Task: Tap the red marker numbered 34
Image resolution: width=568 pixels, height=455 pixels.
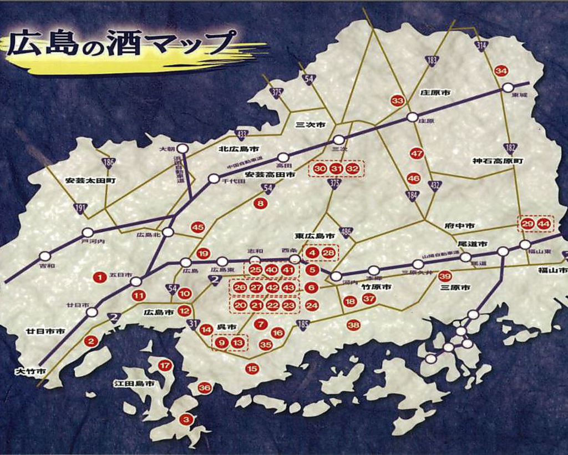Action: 501,71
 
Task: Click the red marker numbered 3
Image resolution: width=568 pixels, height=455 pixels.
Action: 186,419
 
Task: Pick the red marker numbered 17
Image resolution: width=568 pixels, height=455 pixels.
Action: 165,365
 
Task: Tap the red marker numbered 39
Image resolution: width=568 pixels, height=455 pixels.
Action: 445,276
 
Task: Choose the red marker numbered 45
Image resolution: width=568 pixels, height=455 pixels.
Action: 197,227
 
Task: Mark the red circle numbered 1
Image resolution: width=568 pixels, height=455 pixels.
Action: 100,277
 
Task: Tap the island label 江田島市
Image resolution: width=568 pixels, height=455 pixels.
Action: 134,383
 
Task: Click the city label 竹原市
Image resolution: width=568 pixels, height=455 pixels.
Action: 377,287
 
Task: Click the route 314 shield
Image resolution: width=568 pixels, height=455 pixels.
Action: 481,46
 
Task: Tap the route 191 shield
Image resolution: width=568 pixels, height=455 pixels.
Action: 81,208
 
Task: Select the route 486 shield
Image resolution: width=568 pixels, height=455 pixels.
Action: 347,232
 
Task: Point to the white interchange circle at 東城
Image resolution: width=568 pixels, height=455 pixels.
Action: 508,88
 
